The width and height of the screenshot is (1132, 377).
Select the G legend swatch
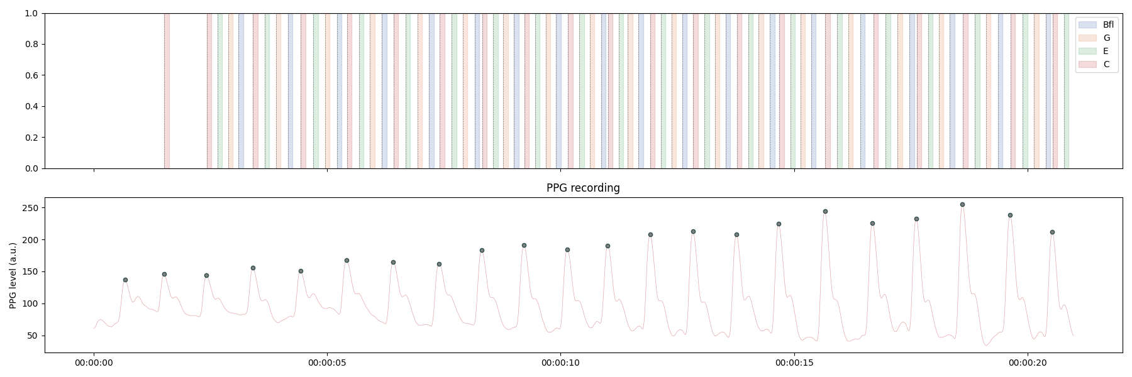pyautogui.click(x=1087, y=38)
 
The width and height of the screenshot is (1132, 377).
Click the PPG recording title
pyautogui.click(x=583, y=188)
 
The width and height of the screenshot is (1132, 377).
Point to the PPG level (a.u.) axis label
pyautogui.click(x=13, y=275)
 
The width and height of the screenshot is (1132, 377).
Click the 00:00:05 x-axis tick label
pyautogui.click(x=327, y=363)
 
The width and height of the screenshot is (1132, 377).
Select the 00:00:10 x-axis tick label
pyautogui.click(x=560, y=363)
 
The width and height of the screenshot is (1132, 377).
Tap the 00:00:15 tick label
pyautogui.click(x=794, y=363)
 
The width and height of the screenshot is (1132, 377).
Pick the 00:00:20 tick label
pyautogui.click(x=1028, y=363)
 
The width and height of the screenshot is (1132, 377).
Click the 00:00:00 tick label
pyautogui.click(x=94, y=363)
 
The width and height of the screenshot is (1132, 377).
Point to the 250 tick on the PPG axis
pyautogui.click(x=31, y=208)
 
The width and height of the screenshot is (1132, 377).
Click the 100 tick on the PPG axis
pyautogui.click(x=31, y=303)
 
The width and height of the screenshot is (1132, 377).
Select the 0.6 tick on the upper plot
pyautogui.click(x=31, y=75)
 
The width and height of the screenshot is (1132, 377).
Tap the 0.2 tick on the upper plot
pyautogui.click(x=31, y=138)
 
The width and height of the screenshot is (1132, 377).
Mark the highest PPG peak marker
pyautogui.click(x=962, y=204)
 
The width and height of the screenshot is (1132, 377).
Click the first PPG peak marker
pyautogui.click(x=125, y=280)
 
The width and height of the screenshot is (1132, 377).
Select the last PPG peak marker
pyautogui.click(x=1052, y=232)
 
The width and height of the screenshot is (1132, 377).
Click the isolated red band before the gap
pyautogui.click(x=167, y=91)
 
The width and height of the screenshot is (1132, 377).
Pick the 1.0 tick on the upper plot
pyautogui.click(x=31, y=13)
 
